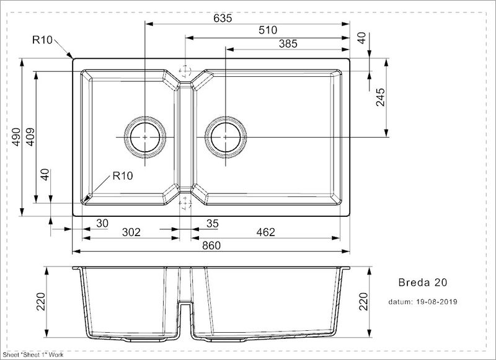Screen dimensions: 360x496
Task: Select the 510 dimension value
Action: coord(267,30)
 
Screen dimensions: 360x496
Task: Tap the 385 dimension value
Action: coord(288,43)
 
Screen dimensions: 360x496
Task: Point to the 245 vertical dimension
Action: coord(380,98)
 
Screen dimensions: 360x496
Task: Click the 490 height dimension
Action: coord(17,136)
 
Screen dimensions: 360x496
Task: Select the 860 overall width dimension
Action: coord(211,245)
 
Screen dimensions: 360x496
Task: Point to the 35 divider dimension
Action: coord(213,222)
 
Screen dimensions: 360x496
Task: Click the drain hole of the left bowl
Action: coord(145,136)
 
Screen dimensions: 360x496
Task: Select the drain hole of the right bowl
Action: coord(225,136)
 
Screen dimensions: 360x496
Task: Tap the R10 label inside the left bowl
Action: coord(123,176)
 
